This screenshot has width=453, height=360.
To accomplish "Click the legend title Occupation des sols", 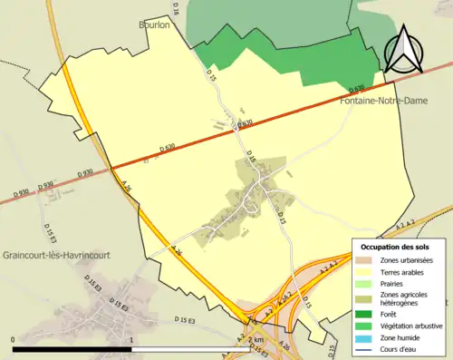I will point(395,247).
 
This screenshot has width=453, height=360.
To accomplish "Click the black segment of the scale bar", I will point(72,349).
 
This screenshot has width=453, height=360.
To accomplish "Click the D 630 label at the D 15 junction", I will point(245,124).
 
